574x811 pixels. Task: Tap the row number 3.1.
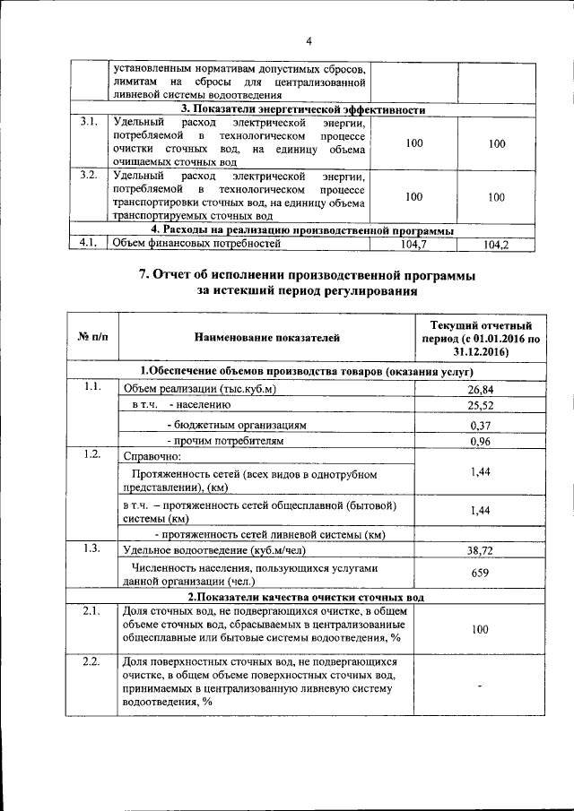pyautogui.click(x=87, y=122)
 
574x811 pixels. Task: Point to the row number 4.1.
pyautogui.click(x=87, y=242)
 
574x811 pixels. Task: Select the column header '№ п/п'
pyautogui.click(x=93, y=338)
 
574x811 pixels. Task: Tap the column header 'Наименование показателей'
pyautogui.click(x=267, y=338)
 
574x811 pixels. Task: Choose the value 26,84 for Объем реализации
pyautogui.click(x=482, y=390)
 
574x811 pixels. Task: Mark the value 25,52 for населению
pyautogui.click(x=482, y=407)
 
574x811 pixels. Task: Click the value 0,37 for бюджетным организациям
pyautogui.click(x=482, y=425)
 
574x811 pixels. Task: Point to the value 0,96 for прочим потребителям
pyautogui.click(x=482, y=442)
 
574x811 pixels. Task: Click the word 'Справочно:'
pyautogui.click(x=152, y=456)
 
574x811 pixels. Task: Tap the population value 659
pyautogui.click(x=482, y=574)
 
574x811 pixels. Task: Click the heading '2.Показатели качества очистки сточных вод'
pyautogui.click(x=306, y=597)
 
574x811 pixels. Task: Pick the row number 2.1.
pyautogui.click(x=90, y=611)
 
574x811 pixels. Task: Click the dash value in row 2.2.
pyautogui.click(x=482, y=686)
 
